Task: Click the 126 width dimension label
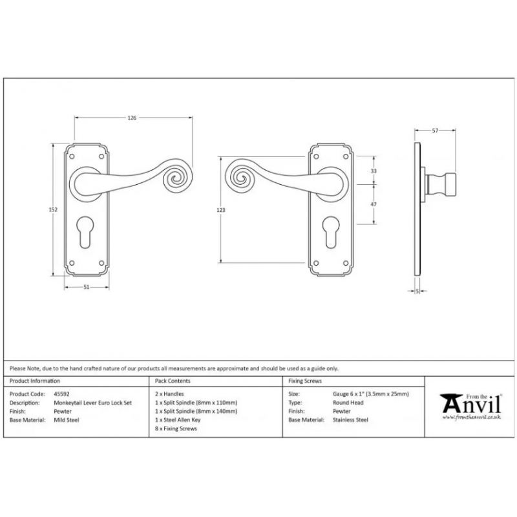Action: (x=132, y=118)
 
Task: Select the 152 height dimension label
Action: (x=53, y=209)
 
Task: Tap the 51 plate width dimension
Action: (x=86, y=287)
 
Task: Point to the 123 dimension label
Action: (x=221, y=210)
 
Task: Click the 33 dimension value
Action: (x=374, y=171)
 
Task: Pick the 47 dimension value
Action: (x=374, y=204)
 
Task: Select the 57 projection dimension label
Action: (x=435, y=131)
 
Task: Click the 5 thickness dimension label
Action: (x=417, y=291)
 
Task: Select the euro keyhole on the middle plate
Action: (x=331, y=231)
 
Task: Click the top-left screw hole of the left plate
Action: (x=72, y=156)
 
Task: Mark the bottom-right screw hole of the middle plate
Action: (x=346, y=263)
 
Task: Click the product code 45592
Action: (x=61, y=394)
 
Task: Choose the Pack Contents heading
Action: (x=173, y=381)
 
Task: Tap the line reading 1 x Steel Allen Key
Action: (x=177, y=419)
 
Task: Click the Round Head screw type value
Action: (x=348, y=403)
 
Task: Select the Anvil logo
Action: (x=471, y=406)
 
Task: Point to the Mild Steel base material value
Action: (x=67, y=419)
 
